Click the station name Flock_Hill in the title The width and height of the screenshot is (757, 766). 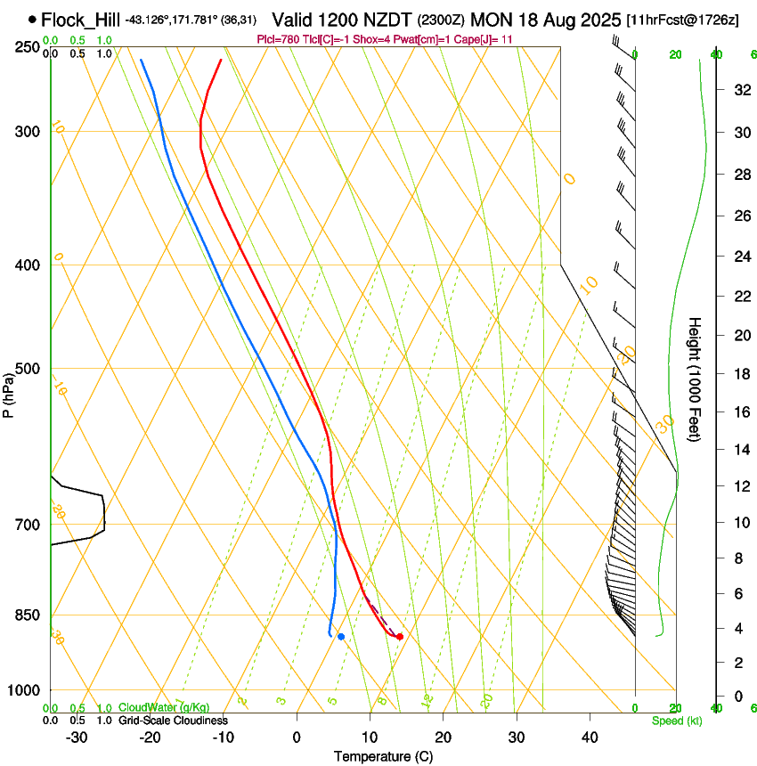point(81,19)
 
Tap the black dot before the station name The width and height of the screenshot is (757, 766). point(33,19)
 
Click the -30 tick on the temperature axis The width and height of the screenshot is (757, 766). point(77,737)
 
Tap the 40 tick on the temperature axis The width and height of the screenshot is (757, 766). point(589,737)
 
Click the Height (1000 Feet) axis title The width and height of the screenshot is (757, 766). point(696,378)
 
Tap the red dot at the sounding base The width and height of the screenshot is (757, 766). point(400,637)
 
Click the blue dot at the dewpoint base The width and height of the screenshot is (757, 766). point(341,637)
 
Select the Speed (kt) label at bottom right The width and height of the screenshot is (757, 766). point(676,721)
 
